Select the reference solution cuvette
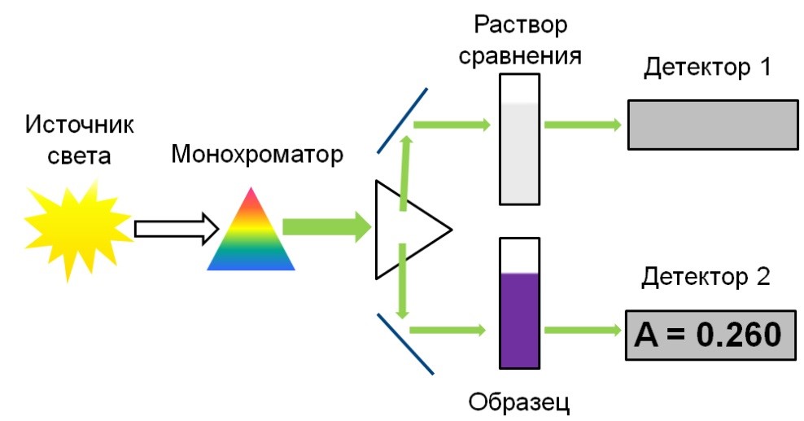(x=520, y=139)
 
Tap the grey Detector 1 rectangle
(x=712, y=124)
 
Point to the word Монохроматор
(x=257, y=154)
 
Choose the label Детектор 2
(x=705, y=278)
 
